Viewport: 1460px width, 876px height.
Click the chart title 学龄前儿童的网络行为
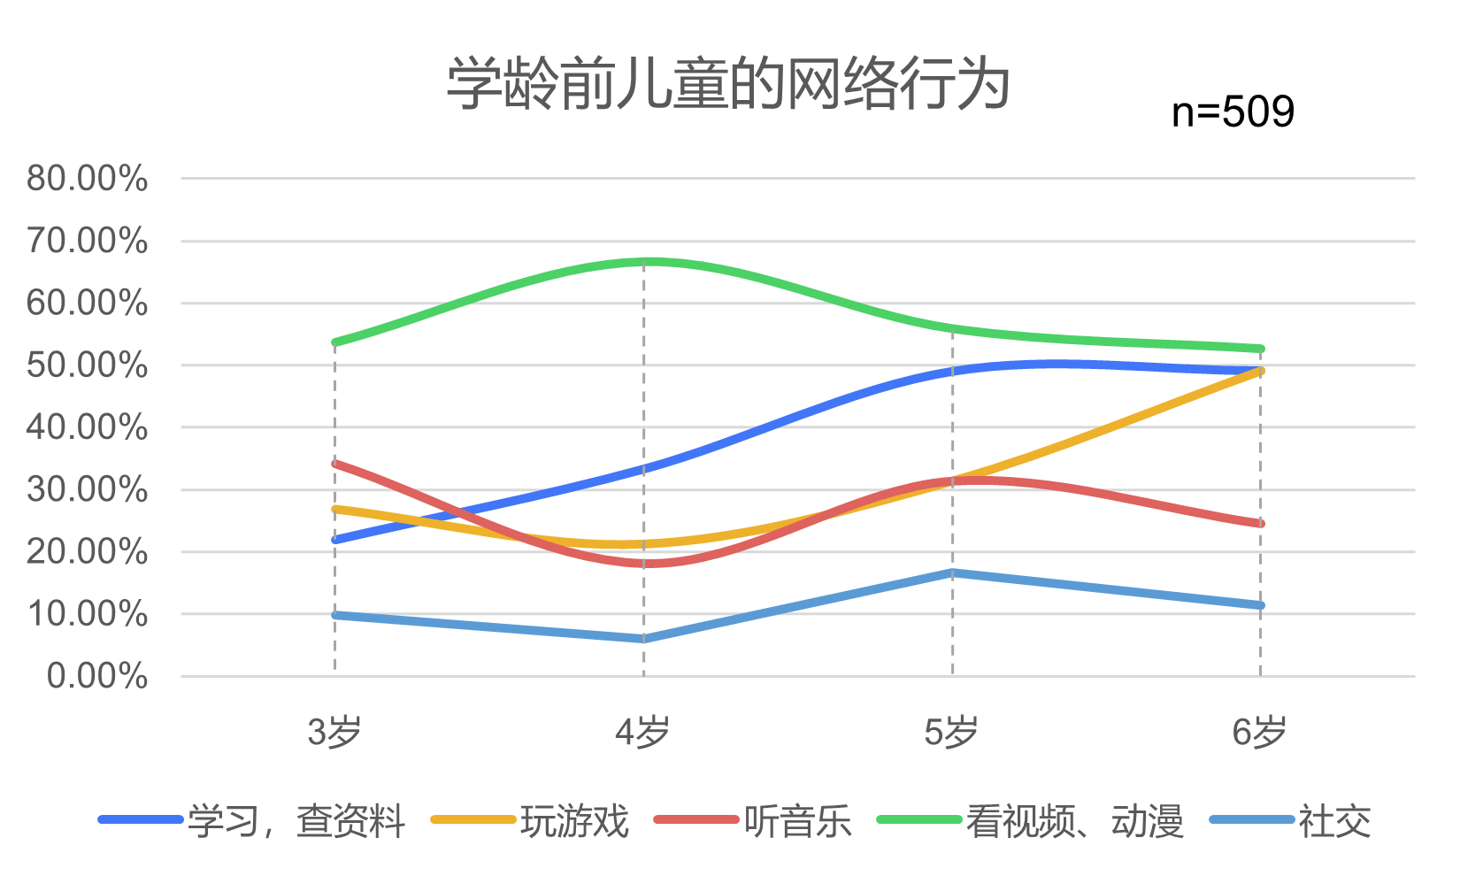[727, 85]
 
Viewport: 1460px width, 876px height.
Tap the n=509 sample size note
[1233, 112]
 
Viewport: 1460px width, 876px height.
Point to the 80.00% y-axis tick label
[87, 179]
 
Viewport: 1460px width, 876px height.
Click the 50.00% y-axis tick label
[87, 365]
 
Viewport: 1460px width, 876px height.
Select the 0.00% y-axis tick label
[96, 677]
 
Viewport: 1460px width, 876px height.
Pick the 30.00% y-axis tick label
[87, 490]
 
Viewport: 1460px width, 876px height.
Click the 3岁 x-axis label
[334, 733]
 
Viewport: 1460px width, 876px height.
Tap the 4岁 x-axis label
[642, 733]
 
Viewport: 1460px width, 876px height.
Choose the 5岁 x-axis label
[951, 733]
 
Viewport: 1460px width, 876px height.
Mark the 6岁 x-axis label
[1259, 733]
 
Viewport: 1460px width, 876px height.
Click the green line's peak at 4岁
[644, 262]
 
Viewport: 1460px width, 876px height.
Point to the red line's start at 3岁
[335, 463]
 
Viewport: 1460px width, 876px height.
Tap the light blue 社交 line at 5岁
[952, 572]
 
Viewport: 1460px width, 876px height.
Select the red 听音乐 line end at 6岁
[1260, 524]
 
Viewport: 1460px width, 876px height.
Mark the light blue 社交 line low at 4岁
[644, 639]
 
